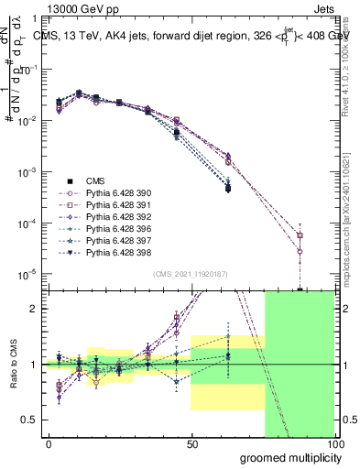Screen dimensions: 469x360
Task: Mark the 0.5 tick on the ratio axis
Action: pyautogui.click(x=30, y=420)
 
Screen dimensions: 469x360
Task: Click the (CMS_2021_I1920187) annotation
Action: pyautogui.click(x=190, y=274)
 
